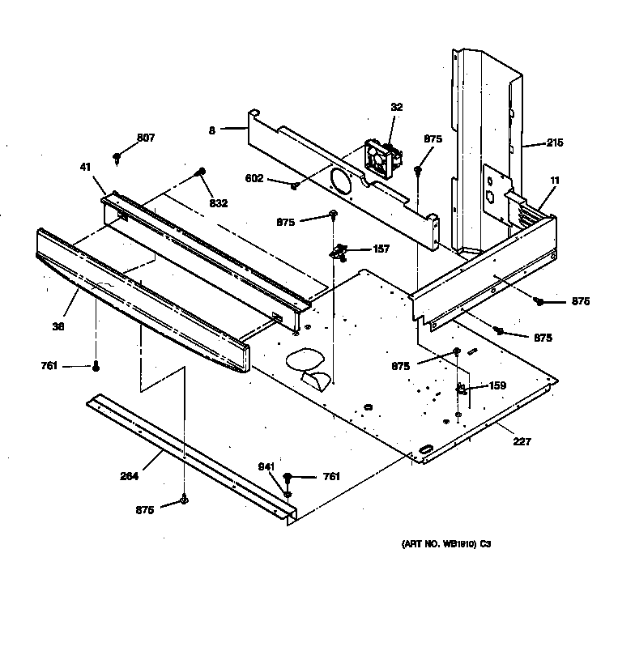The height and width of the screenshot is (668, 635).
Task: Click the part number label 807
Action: coord(146,138)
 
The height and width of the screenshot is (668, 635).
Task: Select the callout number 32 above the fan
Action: coord(396,107)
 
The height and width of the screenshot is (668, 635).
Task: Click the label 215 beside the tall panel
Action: coord(554,143)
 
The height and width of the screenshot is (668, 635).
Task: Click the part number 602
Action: coord(254,178)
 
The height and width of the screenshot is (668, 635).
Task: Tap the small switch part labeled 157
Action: coord(340,252)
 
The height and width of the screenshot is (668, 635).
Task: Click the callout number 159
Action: coord(496,386)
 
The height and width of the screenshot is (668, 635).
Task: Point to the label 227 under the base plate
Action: coord(523,441)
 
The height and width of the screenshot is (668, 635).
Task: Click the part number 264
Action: coord(128,476)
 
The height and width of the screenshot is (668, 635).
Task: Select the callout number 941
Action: coord(266,466)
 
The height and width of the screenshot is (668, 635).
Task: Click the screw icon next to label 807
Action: coord(118,156)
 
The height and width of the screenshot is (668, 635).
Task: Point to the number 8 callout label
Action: coord(212,129)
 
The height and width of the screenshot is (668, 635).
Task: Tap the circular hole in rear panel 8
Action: coord(340,179)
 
